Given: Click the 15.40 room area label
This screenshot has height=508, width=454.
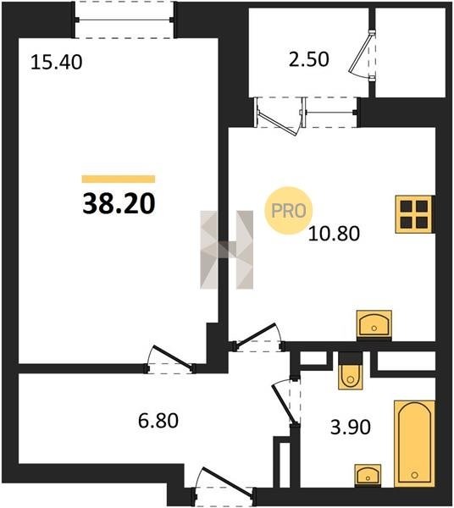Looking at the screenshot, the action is coord(57,63).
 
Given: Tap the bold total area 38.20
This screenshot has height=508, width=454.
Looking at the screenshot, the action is coord(119,204).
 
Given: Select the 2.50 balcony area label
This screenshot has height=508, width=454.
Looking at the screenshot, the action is coord(309,59).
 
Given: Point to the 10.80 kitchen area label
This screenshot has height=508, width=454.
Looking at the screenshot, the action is coord(334,234).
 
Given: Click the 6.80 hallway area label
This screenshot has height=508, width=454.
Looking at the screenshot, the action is coord(158,421).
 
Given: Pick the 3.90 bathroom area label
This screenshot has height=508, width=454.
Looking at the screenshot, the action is coord(351,428).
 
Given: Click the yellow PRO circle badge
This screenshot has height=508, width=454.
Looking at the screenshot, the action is coord(288,211).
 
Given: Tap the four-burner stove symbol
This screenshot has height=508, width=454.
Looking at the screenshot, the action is coord(415,214).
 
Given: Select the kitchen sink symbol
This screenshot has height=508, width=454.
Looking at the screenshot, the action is coord(374,325).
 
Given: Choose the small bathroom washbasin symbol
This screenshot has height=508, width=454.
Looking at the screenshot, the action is coord(368,476).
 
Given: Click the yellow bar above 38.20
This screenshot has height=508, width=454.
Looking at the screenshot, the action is coord(119,179).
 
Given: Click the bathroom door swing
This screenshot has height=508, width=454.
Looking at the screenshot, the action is coord(285,401).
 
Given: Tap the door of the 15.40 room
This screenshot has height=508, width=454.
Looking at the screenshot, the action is coord(171,360).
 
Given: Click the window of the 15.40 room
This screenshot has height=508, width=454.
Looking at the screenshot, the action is coord(125,19).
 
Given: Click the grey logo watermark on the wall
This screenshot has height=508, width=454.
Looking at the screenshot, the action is coord(226,250).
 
